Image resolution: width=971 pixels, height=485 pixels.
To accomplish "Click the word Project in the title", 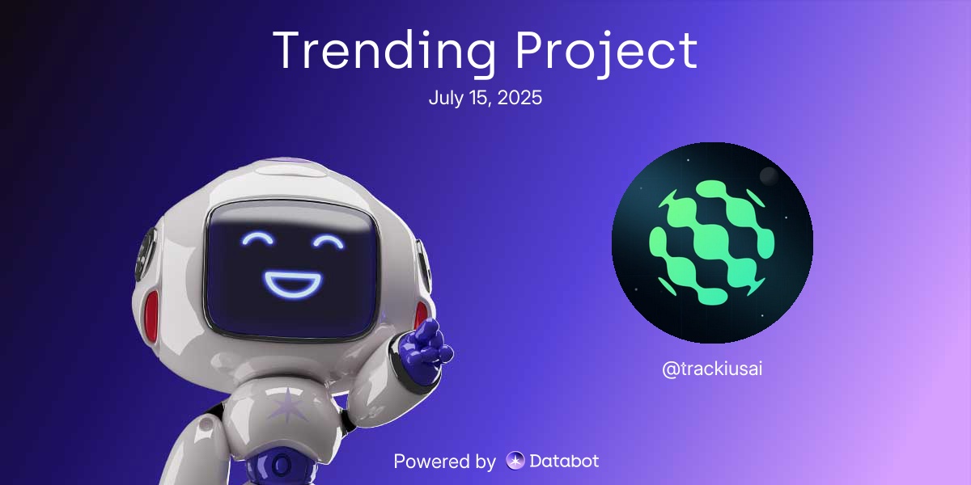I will [x=607, y=50].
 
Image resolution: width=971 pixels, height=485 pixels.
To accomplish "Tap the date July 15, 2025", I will [x=485, y=99].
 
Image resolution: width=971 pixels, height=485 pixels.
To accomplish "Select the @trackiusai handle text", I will [x=712, y=369].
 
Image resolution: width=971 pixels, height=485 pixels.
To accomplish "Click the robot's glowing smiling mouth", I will [x=293, y=283].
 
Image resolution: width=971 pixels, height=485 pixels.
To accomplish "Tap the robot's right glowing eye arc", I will [x=331, y=241].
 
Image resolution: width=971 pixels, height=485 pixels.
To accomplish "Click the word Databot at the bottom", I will [x=564, y=462].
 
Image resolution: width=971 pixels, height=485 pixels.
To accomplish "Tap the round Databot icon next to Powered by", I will [x=515, y=462].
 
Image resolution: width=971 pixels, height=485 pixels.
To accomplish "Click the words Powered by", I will [x=444, y=462].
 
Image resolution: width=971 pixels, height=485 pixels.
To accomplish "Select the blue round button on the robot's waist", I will [x=280, y=466].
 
